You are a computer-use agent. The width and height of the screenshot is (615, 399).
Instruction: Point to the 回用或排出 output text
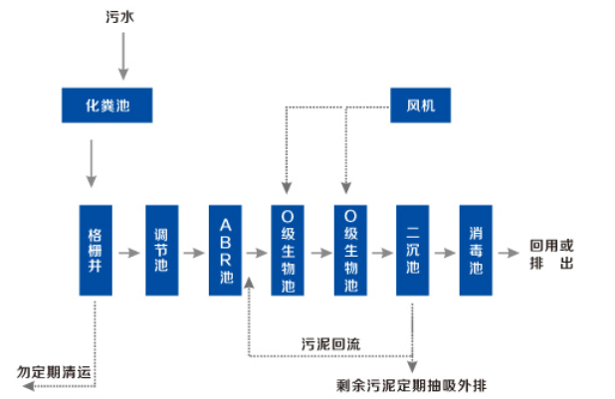(x=551, y=253)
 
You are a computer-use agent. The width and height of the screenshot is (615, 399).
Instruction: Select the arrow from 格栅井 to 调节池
(x=128, y=252)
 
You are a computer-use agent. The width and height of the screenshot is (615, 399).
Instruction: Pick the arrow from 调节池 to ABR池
(x=193, y=252)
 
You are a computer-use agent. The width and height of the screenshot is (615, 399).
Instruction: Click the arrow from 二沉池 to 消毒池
(x=444, y=252)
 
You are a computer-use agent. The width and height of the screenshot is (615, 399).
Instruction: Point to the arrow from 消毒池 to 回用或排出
(x=508, y=252)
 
